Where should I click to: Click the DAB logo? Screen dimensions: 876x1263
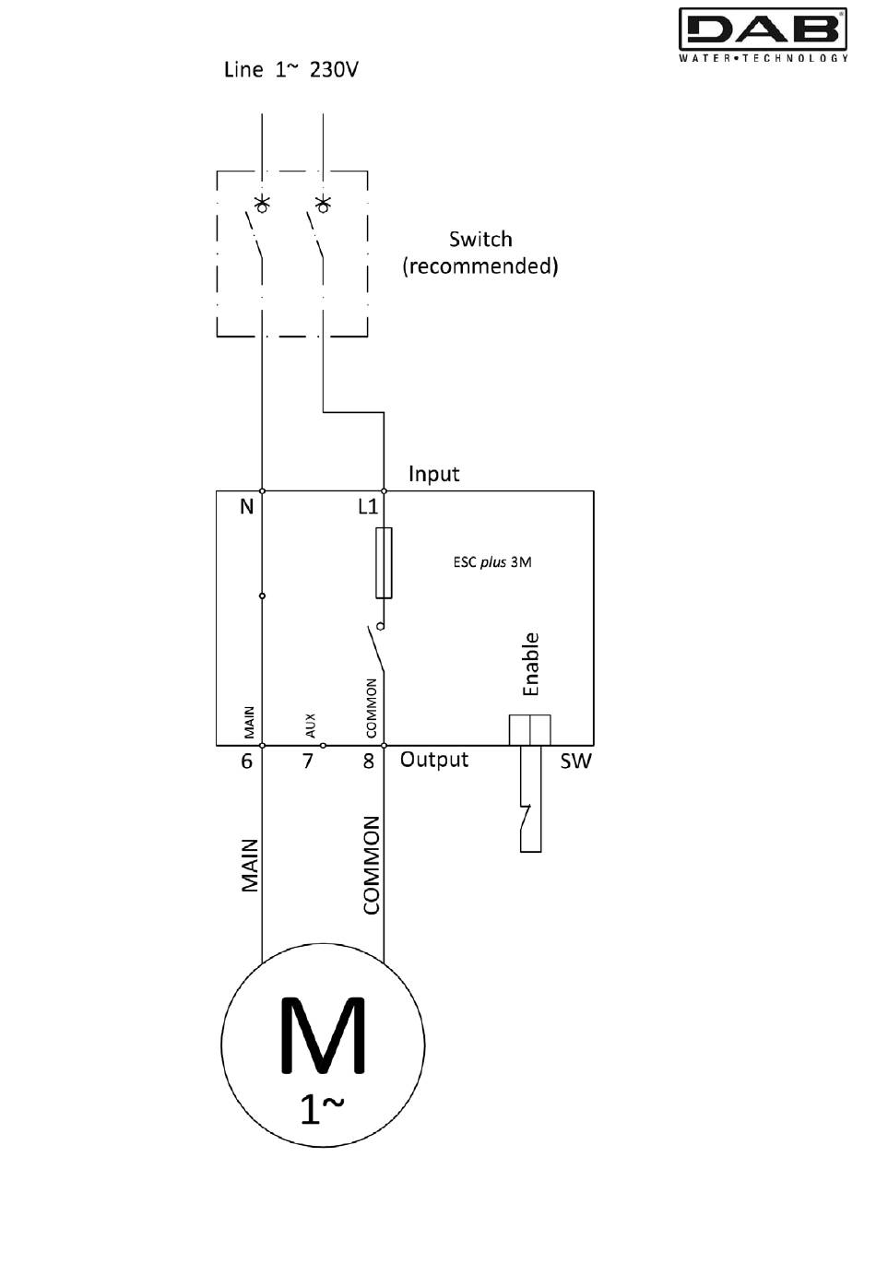click(763, 34)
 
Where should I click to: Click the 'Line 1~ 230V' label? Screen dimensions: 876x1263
click(291, 69)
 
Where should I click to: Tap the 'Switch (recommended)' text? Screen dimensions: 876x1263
click(480, 253)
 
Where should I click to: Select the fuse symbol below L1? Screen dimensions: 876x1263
click(385, 562)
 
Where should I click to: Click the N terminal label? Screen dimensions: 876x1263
click(246, 507)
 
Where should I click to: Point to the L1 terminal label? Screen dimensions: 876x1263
click(368, 506)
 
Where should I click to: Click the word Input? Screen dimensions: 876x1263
click(433, 474)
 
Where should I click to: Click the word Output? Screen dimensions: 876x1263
click(434, 760)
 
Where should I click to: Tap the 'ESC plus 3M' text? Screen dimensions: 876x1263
click(492, 562)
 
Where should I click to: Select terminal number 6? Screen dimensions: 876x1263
click(246, 761)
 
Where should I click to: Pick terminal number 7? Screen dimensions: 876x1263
click(307, 761)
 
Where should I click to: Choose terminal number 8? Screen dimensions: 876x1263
click(368, 761)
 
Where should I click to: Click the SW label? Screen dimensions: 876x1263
click(576, 761)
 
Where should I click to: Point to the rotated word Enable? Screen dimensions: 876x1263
click(531, 664)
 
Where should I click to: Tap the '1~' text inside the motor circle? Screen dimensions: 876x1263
click(322, 1109)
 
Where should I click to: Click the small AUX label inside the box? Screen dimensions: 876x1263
click(310, 726)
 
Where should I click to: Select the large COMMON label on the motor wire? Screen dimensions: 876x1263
click(372, 865)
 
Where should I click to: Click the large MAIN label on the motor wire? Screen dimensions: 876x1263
click(250, 865)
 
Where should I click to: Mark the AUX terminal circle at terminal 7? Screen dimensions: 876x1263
click(323, 746)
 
